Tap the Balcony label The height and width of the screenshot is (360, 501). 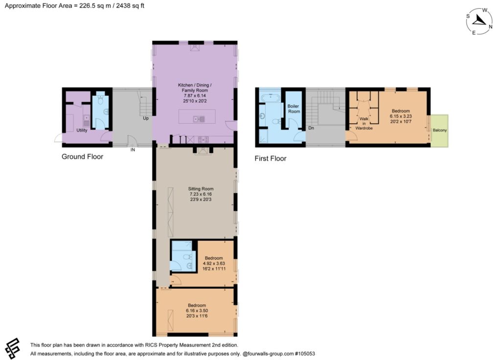click(440, 130)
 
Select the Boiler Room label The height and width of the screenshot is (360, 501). click(294, 109)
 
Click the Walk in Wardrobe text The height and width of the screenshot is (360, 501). click(364, 123)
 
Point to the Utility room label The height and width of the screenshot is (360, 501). click(82, 130)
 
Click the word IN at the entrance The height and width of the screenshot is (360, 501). click(133, 150)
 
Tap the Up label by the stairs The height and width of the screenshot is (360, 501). click(146, 118)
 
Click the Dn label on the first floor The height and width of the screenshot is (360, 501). click(311, 128)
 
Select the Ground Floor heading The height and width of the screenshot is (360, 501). click(82, 157)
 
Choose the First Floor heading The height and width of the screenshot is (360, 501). click(270, 158)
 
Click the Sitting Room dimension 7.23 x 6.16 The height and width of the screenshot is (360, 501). click(201, 194)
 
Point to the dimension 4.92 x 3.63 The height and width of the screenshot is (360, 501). click(214, 264)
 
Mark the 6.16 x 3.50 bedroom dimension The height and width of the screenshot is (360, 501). click(197, 311)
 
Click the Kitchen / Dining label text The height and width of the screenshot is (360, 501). click(195, 85)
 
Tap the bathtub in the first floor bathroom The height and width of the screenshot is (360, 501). click(270, 97)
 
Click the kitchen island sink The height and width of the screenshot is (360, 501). click(199, 119)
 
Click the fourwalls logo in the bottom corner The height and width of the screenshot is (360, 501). click(13, 348)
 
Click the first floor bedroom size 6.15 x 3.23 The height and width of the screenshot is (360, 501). click(401, 116)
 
